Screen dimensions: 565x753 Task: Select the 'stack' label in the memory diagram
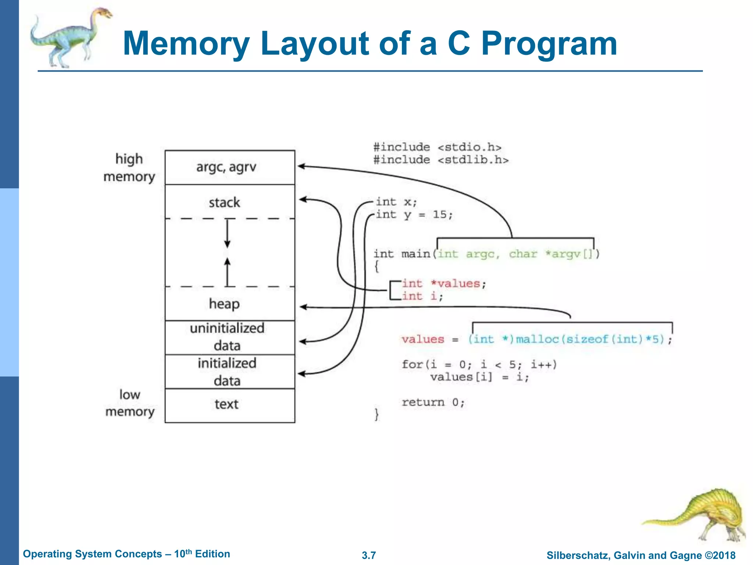point(224,202)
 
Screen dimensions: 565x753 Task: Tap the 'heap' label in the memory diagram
point(224,304)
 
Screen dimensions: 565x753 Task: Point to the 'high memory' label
point(129,168)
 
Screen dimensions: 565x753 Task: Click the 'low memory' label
point(130,403)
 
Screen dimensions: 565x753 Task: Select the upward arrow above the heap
point(228,271)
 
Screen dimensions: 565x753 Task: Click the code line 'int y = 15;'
point(414,214)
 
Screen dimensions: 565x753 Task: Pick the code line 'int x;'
point(396,202)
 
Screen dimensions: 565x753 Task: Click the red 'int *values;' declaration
point(444,284)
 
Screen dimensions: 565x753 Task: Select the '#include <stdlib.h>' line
point(441,160)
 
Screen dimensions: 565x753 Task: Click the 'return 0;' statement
point(433,402)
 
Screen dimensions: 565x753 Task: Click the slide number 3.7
point(369,555)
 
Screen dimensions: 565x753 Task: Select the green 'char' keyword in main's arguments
point(523,254)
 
